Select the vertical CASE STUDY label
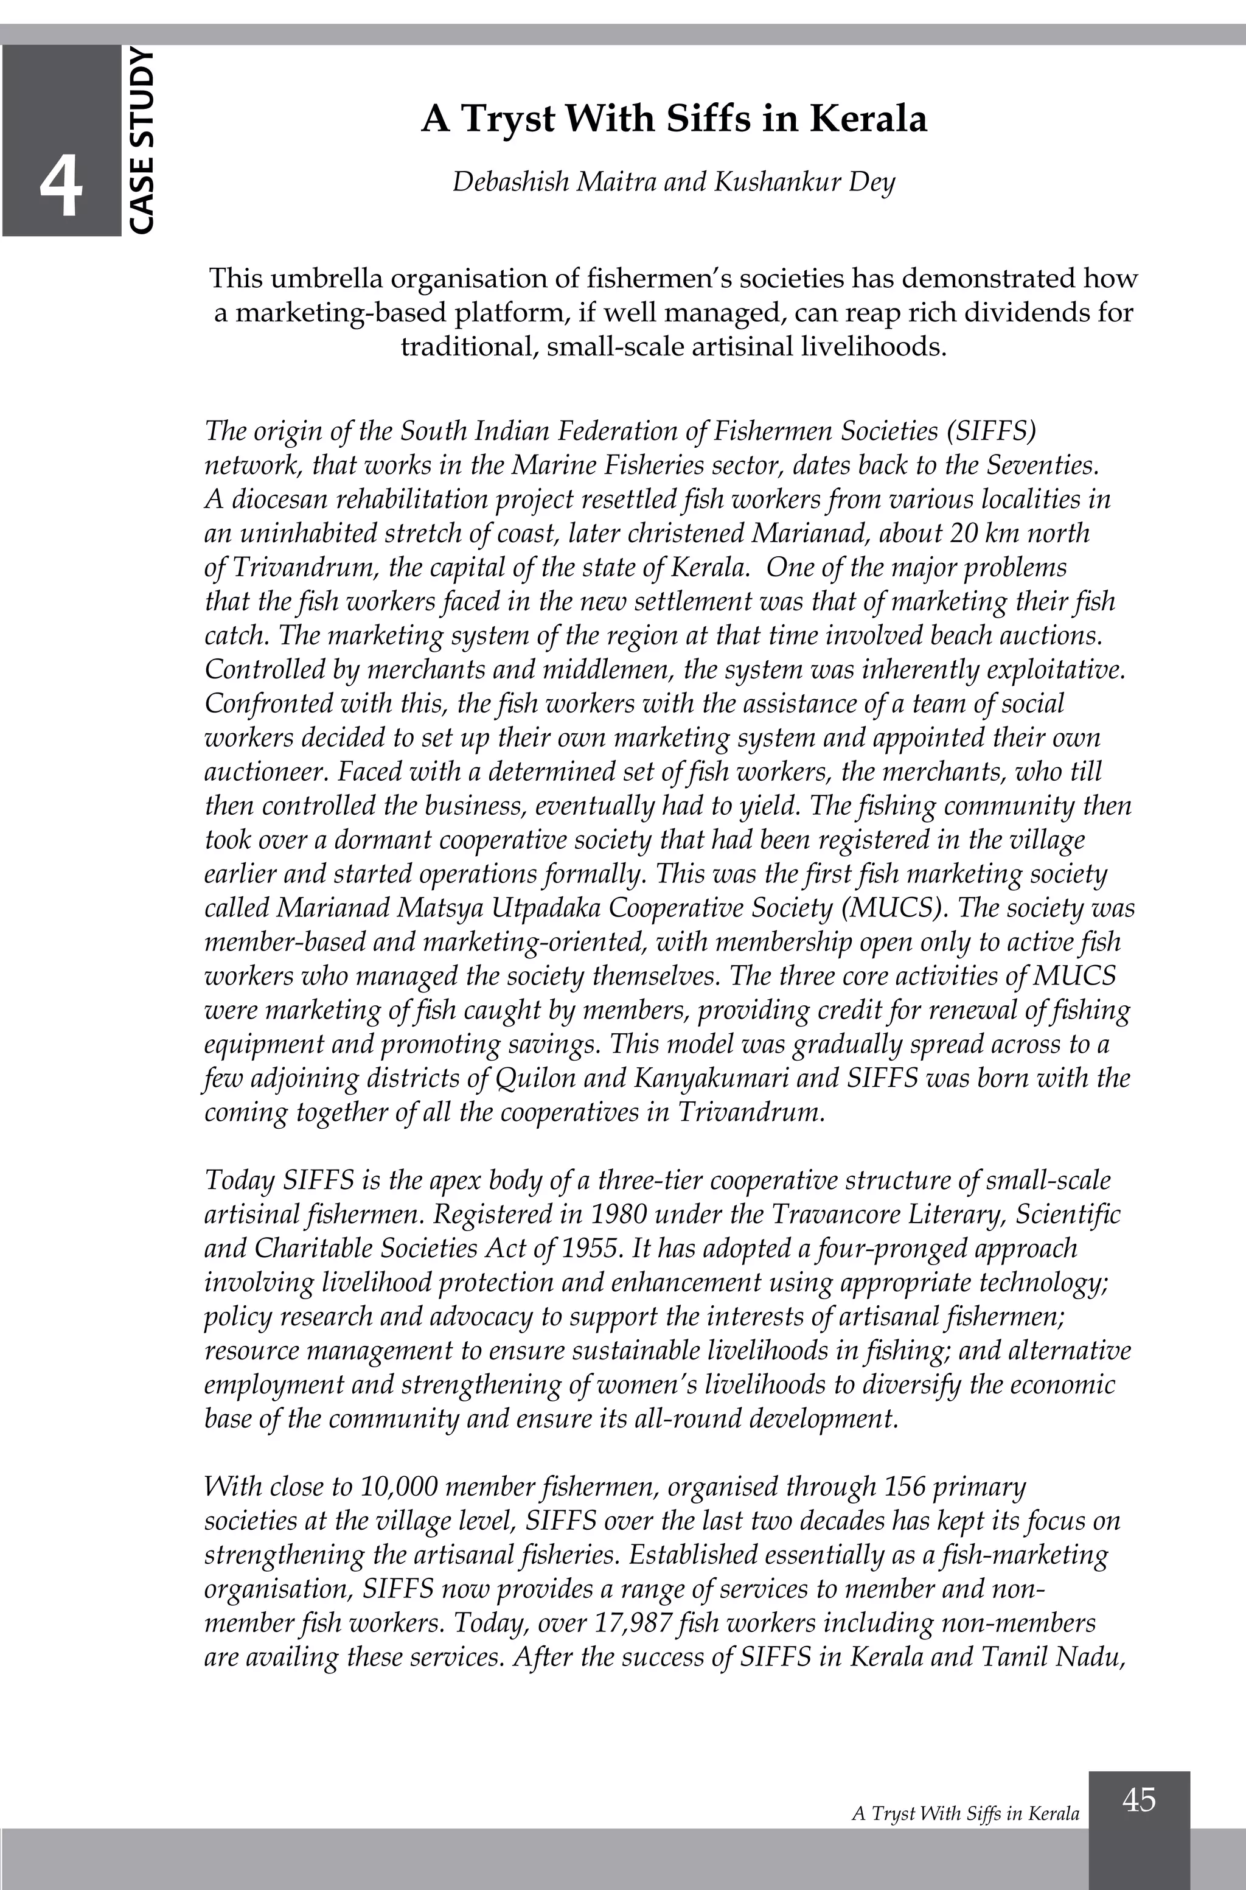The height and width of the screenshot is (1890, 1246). [x=140, y=141]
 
